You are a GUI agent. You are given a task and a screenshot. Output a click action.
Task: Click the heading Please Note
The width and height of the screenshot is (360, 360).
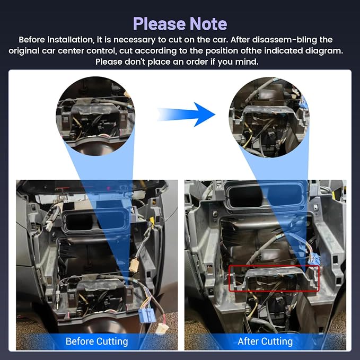point(180,23)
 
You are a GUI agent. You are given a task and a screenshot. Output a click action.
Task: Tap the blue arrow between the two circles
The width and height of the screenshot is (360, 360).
point(186,115)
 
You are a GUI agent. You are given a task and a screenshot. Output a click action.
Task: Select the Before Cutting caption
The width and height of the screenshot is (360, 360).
point(96,341)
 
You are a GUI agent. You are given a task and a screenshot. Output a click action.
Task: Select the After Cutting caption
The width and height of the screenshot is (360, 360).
point(265,341)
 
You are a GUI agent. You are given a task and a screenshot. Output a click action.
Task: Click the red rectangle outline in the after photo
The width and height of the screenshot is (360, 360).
point(274,266)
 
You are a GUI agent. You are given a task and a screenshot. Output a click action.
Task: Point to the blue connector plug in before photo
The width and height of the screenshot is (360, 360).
point(147,315)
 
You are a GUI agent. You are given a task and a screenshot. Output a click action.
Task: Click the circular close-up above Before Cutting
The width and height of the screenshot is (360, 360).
point(95,116)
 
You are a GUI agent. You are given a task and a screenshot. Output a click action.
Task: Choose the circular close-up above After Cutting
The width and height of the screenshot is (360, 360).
point(269,117)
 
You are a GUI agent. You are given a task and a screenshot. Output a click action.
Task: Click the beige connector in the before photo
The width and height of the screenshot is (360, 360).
point(134,266)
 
